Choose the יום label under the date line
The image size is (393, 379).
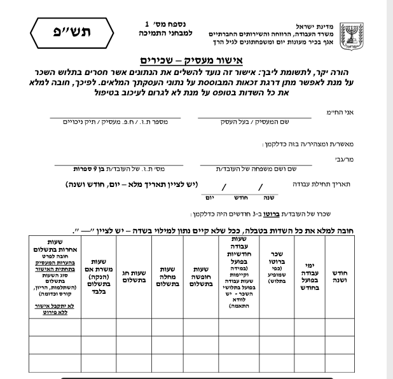(x=205, y=197)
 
